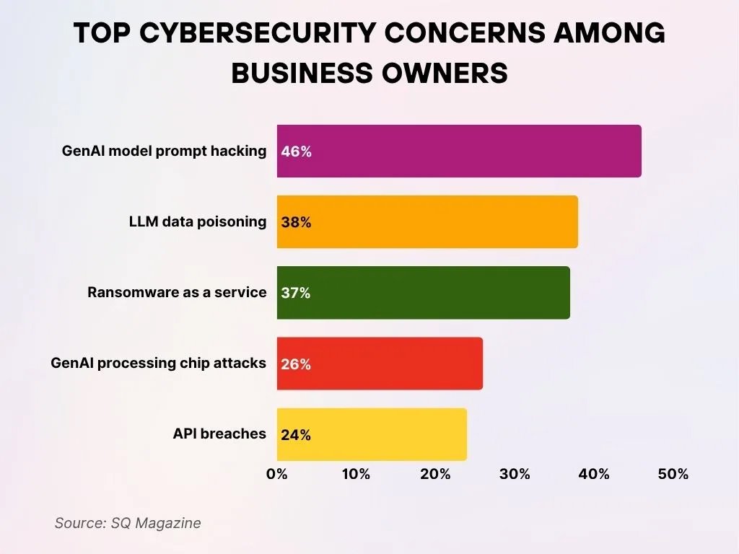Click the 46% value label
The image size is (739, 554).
tap(297, 151)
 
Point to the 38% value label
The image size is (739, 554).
tap(297, 222)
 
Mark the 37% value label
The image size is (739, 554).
tap(296, 293)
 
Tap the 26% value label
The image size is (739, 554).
tap(297, 364)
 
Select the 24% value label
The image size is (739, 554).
tap(297, 434)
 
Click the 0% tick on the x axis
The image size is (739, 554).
tap(277, 474)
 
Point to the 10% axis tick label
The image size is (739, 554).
tap(356, 474)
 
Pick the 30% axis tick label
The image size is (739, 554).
tap(515, 474)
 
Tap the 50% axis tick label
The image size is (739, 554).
tap(673, 474)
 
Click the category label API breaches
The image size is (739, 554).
tap(219, 434)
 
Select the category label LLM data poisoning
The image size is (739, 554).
tap(198, 221)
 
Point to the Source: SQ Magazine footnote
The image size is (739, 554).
tap(128, 523)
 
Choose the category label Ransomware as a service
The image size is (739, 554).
tap(177, 292)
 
